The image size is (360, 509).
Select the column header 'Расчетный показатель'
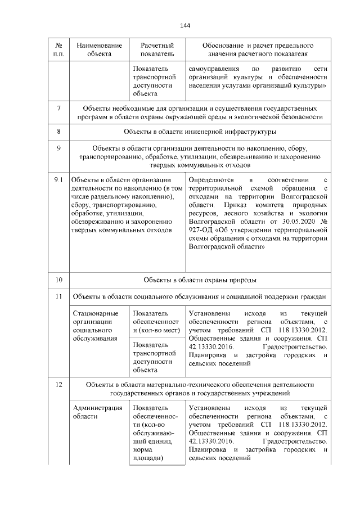click(156, 49)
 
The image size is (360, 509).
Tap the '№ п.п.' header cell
click(59, 49)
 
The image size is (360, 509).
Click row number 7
click(59, 108)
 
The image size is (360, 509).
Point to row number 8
click(59, 132)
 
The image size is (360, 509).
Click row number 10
click(59, 280)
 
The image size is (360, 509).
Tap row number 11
click(59, 296)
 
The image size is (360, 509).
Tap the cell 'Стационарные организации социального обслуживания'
click(96, 326)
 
